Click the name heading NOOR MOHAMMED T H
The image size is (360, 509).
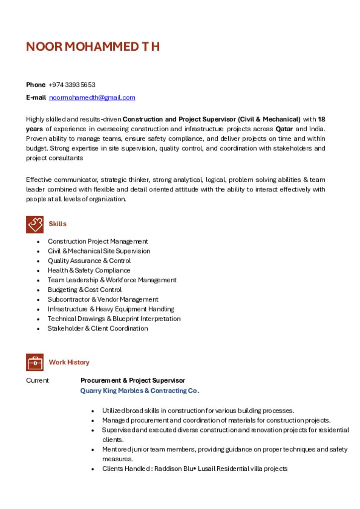(92, 47)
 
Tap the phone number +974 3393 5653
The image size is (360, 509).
(72, 85)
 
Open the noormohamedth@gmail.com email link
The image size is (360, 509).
(92, 97)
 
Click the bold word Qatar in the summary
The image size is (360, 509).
(284, 129)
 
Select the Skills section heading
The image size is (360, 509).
(57, 224)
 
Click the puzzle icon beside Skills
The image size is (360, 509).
(35, 224)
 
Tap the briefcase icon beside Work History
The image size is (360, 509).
(35, 362)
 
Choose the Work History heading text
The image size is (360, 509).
(69, 362)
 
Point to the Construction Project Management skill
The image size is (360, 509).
(97, 242)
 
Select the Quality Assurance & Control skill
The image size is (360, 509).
(89, 261)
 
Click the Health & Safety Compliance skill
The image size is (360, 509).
(89, 270)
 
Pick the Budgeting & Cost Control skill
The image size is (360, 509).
(85, 290)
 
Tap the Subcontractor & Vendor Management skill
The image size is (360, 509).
(102, 299)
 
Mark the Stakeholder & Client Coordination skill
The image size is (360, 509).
(97, 329)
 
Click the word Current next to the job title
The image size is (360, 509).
(37, 381)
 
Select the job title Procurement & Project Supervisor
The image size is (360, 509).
(133, 381)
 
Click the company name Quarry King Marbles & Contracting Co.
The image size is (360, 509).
(140, 391)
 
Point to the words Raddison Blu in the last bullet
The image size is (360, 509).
(177, 469)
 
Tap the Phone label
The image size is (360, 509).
(35, 85)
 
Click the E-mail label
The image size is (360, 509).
(36, 97)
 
